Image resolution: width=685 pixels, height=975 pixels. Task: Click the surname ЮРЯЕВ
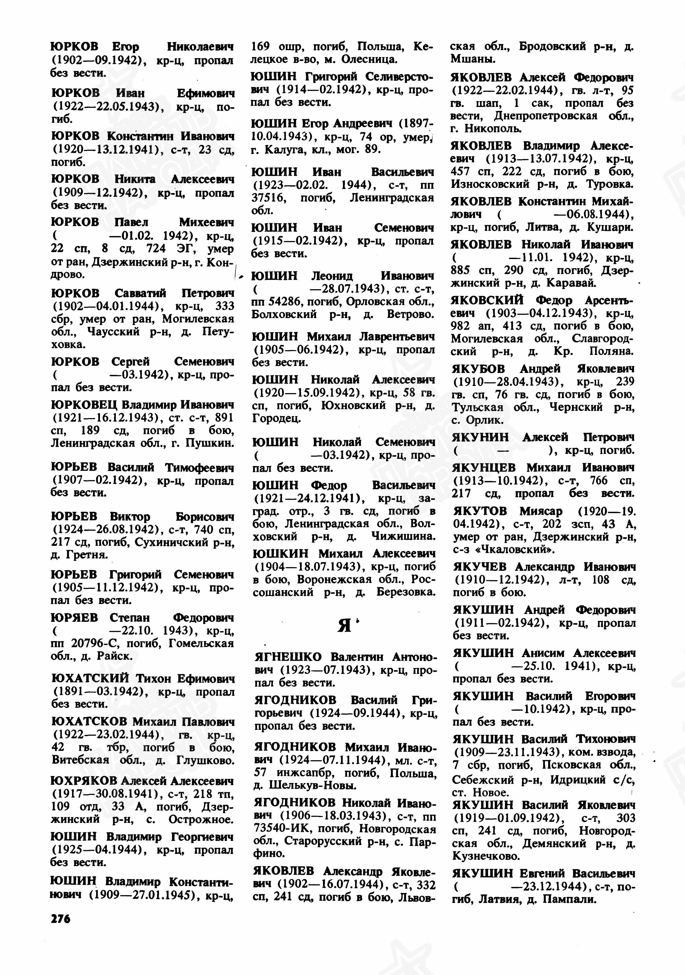[x=74, y=617]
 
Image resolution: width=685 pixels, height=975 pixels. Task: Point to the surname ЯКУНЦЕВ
[x=484, y=467]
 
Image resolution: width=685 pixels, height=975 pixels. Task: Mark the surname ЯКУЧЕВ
[x=480, y=567]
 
